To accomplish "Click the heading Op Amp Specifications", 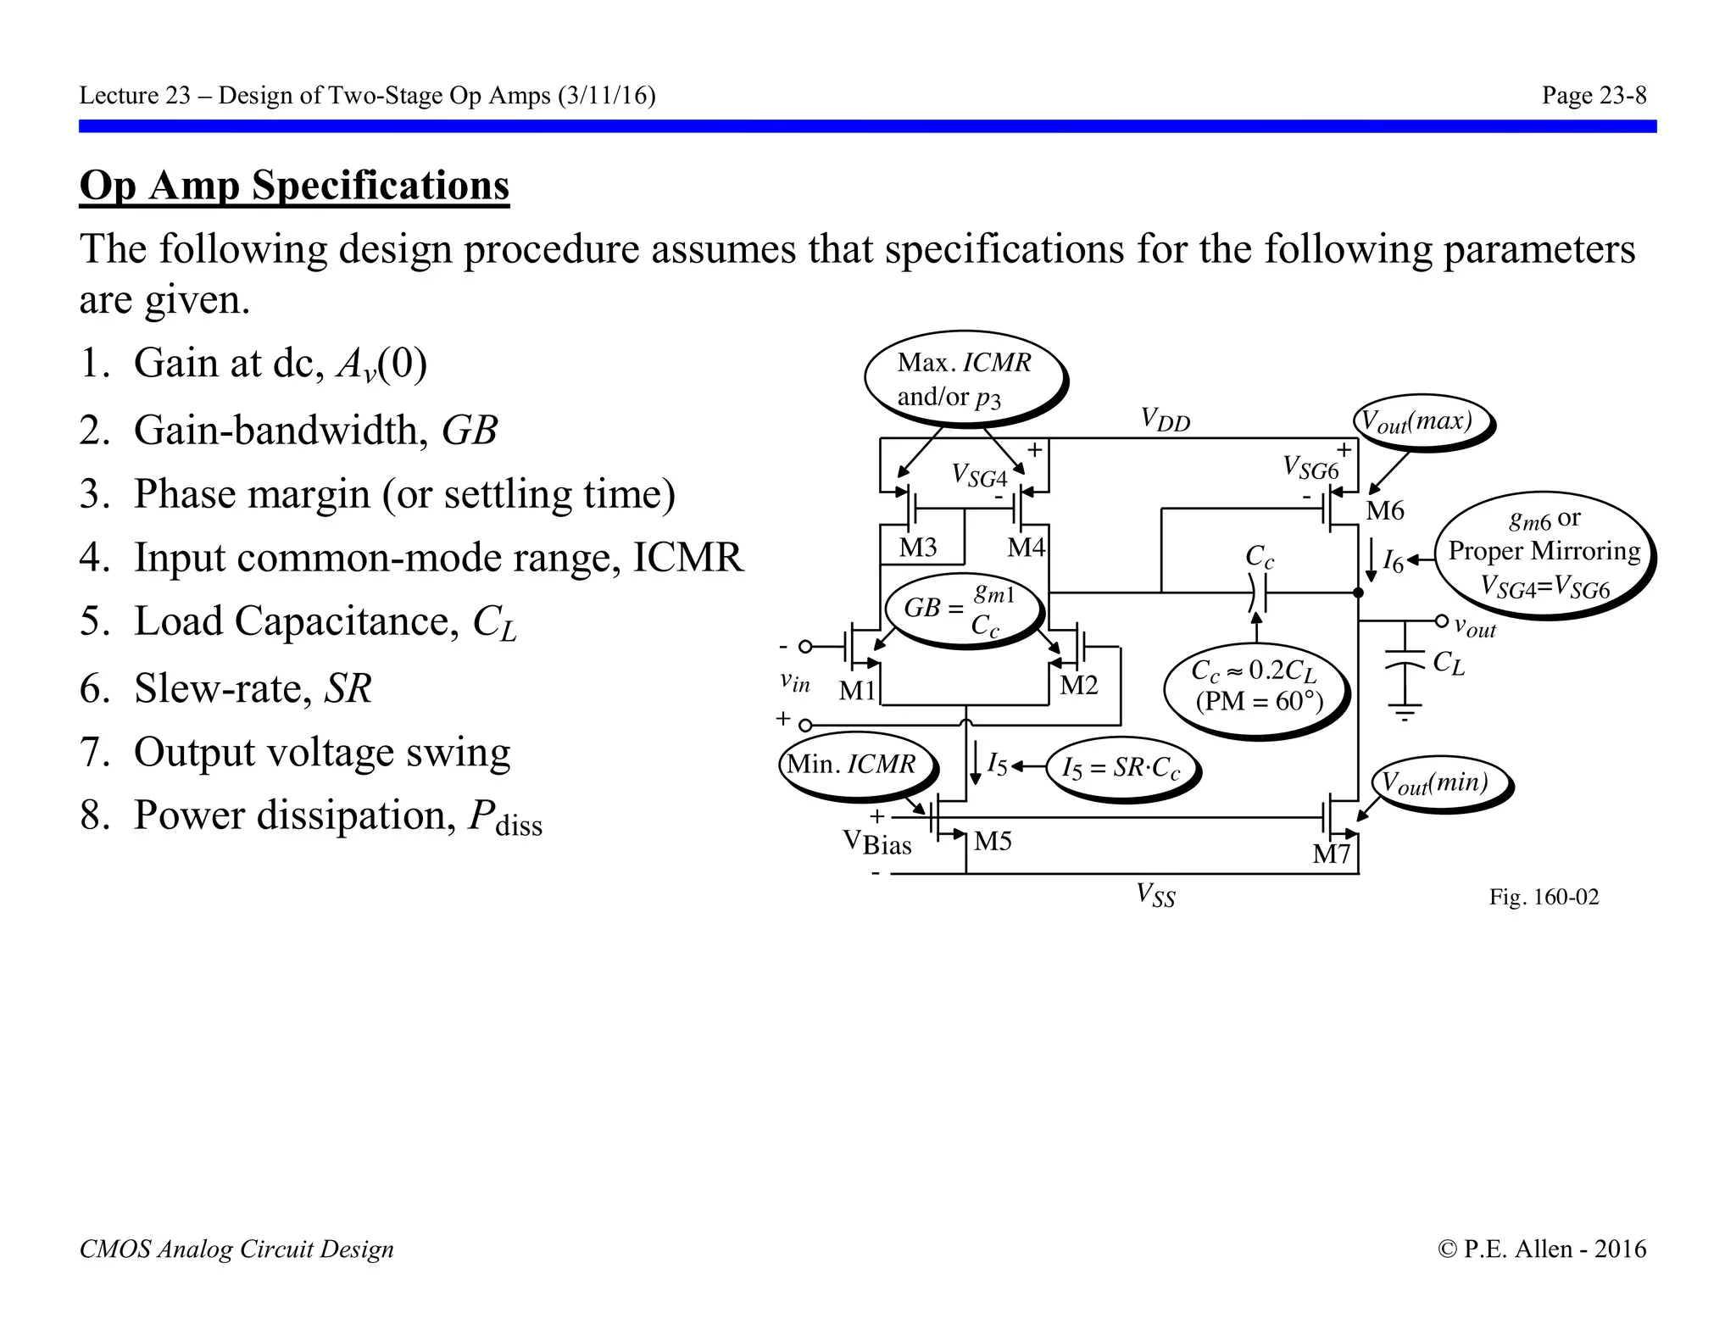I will coord(294,186).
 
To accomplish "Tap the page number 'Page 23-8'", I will coord(1594,96).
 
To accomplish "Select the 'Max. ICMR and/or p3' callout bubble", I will coord(964,378).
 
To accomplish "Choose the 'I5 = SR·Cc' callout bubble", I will coord(1121,769).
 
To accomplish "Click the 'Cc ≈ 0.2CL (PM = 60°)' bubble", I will coord(1257,686).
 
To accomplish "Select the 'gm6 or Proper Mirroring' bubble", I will coord(1544,554).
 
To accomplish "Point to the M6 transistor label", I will coord(1385,511).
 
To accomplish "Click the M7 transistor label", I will coord(1331,854).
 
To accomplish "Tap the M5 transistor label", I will coord(993,841).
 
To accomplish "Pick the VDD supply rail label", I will coord(1165,420).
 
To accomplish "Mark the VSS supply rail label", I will coord(1156,894).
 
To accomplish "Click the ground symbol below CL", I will coord(1405,712).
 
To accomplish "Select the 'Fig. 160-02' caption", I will coord(1544,897).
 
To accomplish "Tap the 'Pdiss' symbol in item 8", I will coord(505,817).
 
